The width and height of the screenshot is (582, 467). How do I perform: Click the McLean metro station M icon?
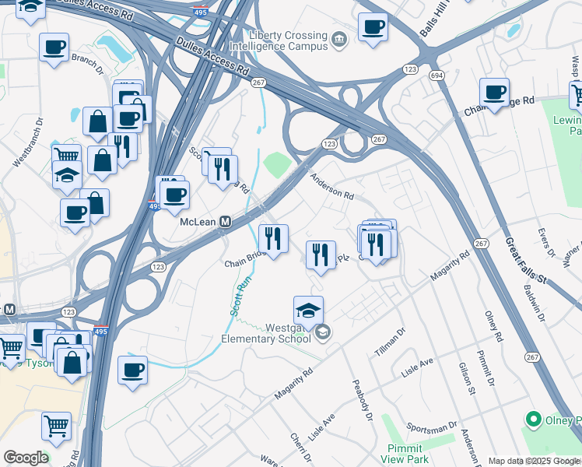click(225, 222)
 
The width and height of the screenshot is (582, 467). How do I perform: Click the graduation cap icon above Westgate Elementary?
click(308, 310)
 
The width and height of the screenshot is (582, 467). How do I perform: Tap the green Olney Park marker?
click(533, 420)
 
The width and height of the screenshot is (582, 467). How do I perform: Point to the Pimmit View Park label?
click(405, 454)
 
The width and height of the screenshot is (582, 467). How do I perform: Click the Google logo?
click(26, 458)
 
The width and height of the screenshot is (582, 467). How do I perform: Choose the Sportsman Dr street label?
click(431, 427)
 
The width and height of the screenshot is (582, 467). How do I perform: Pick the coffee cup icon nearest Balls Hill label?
click(373, 26)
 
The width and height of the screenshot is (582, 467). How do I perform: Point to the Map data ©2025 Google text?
click(534, 461)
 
